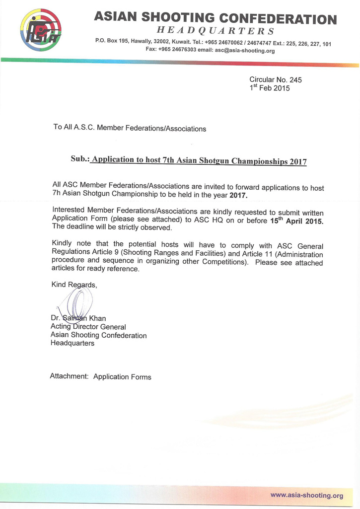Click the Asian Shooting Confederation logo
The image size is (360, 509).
click(x=41, y=31)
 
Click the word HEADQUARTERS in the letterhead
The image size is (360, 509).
click(x=215, y=31)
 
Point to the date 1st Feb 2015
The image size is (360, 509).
click(x=269, y=88)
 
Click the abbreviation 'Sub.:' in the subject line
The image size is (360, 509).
click(x=80, y=160)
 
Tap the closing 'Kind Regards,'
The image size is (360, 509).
click(x=74, y=285)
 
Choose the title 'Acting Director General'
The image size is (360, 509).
click(x=88, y=327)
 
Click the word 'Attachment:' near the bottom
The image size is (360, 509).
click(x=69, y=376)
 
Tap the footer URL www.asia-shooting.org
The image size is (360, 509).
click(x=306, y=495)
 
